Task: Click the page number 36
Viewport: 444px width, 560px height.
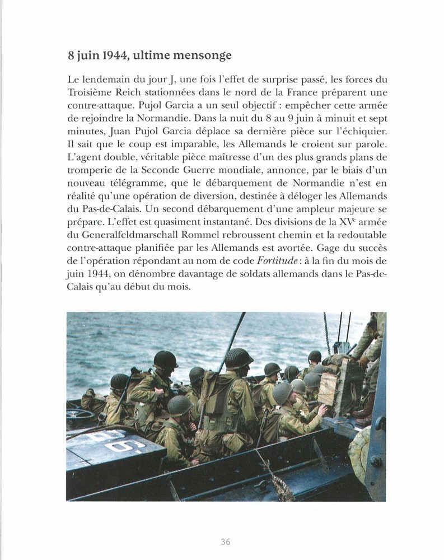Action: point(225,542)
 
